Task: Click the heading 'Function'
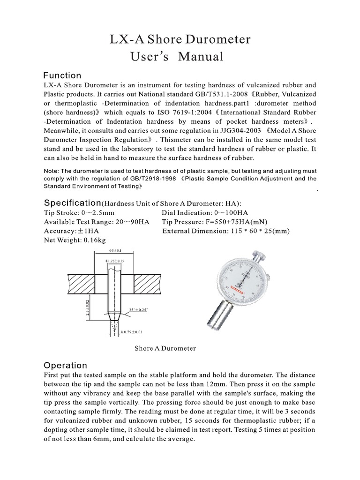(62, 75)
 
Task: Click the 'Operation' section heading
(65, 365)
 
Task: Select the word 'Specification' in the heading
(72, 202)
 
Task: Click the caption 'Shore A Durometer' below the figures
(165, 348)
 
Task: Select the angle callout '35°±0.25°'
(137, 310)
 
